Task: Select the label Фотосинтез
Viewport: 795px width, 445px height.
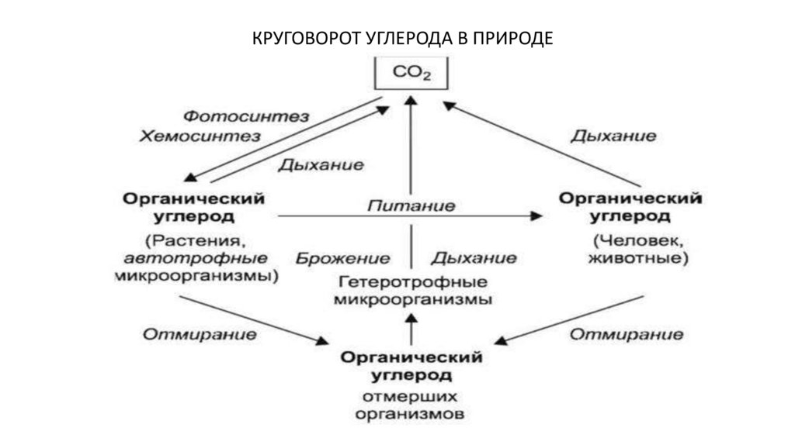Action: pos(245,116)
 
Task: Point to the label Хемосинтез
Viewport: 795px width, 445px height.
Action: pos(200,136)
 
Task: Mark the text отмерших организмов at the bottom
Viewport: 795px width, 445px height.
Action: pos(411,405)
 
